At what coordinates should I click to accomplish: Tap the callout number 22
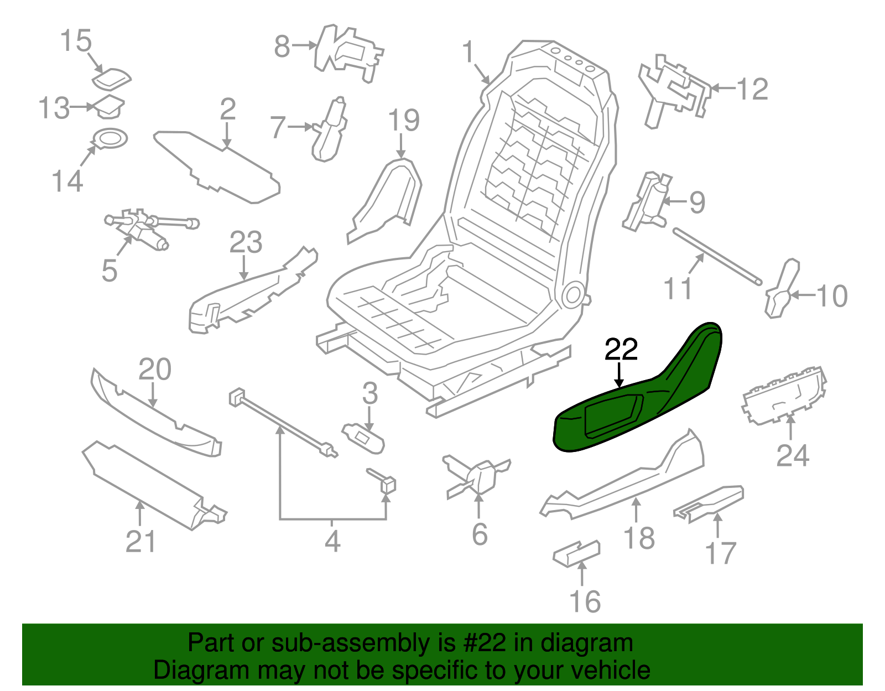point(621,350)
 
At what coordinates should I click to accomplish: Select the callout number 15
point(76,41)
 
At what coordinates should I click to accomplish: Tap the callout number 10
point(831,297)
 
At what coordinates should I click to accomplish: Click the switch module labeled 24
point(784,396)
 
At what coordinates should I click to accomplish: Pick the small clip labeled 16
point(576,554)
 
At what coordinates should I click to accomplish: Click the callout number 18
point(639,538)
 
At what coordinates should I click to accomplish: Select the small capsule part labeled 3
point(363,438)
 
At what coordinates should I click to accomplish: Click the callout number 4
point(332,542)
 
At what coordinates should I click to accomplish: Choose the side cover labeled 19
point(387,199)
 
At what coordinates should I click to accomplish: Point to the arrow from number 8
point(304,46)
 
